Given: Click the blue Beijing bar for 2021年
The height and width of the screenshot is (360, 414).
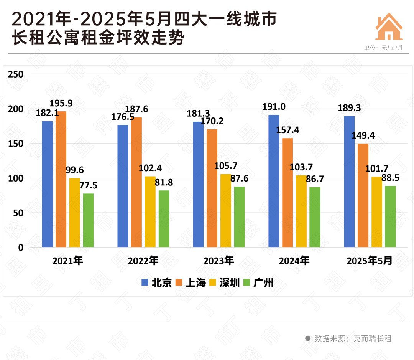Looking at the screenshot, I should (47, 184).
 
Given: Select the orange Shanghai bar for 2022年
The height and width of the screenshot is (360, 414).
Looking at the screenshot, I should (136, 182).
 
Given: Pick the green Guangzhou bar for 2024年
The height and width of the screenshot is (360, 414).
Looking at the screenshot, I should (315, 217).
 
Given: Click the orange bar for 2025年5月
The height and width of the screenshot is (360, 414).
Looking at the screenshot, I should (363, 195).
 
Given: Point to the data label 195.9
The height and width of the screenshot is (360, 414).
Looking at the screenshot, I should (61, 103).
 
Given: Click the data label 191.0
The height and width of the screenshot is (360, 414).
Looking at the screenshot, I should (274, 106).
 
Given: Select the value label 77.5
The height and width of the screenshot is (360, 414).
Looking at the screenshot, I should (88, 185).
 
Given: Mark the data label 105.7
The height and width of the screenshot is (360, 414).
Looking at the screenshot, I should (226, 166).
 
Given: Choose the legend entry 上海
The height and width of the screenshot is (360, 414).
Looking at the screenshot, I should (190, 283).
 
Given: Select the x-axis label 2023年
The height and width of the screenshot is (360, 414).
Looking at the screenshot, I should (219, 261).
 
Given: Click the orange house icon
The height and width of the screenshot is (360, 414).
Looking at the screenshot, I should (389, 26).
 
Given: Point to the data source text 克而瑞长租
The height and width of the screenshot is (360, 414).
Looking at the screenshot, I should (372, 339).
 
